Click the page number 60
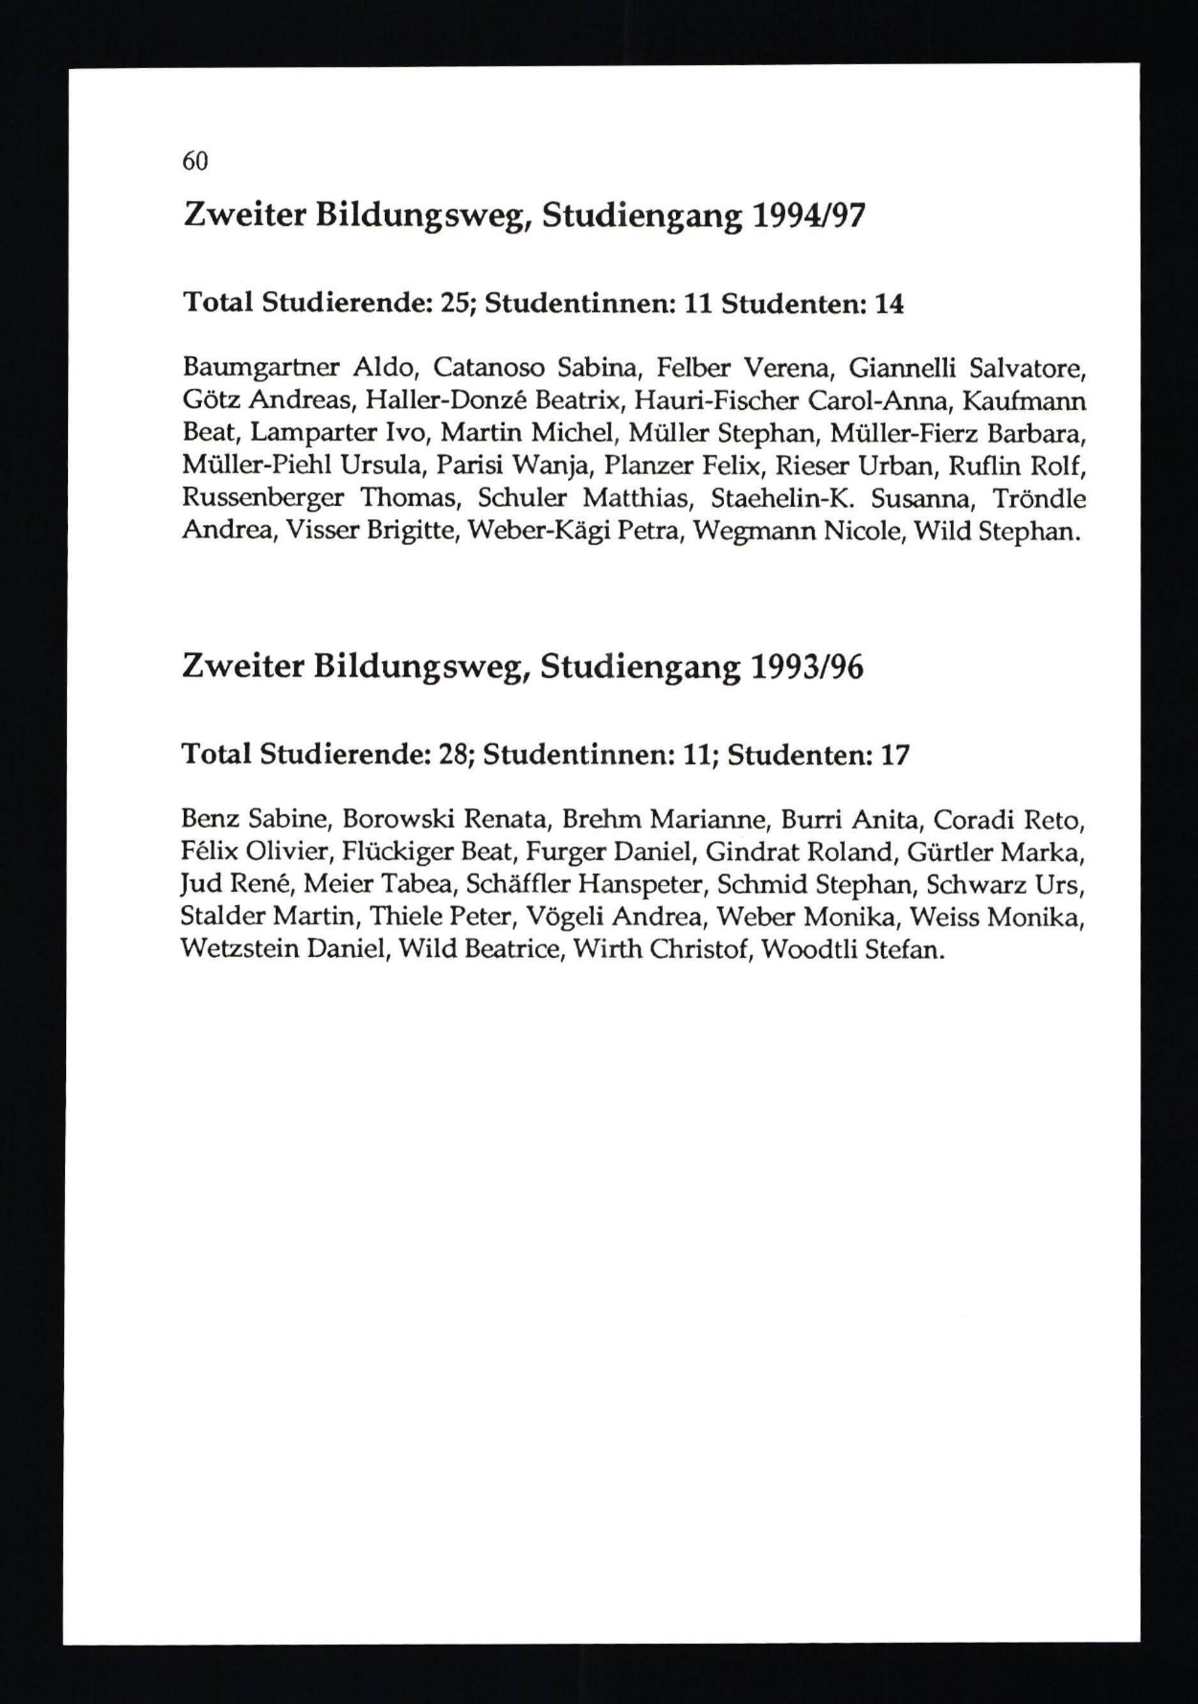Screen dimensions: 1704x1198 pyautogui.click(x=195, y=161)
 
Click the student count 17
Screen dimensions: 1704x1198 pyautogui.click(x=894, y=755)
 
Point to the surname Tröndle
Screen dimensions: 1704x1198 pyautogui.click(x=1039, y=498)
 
